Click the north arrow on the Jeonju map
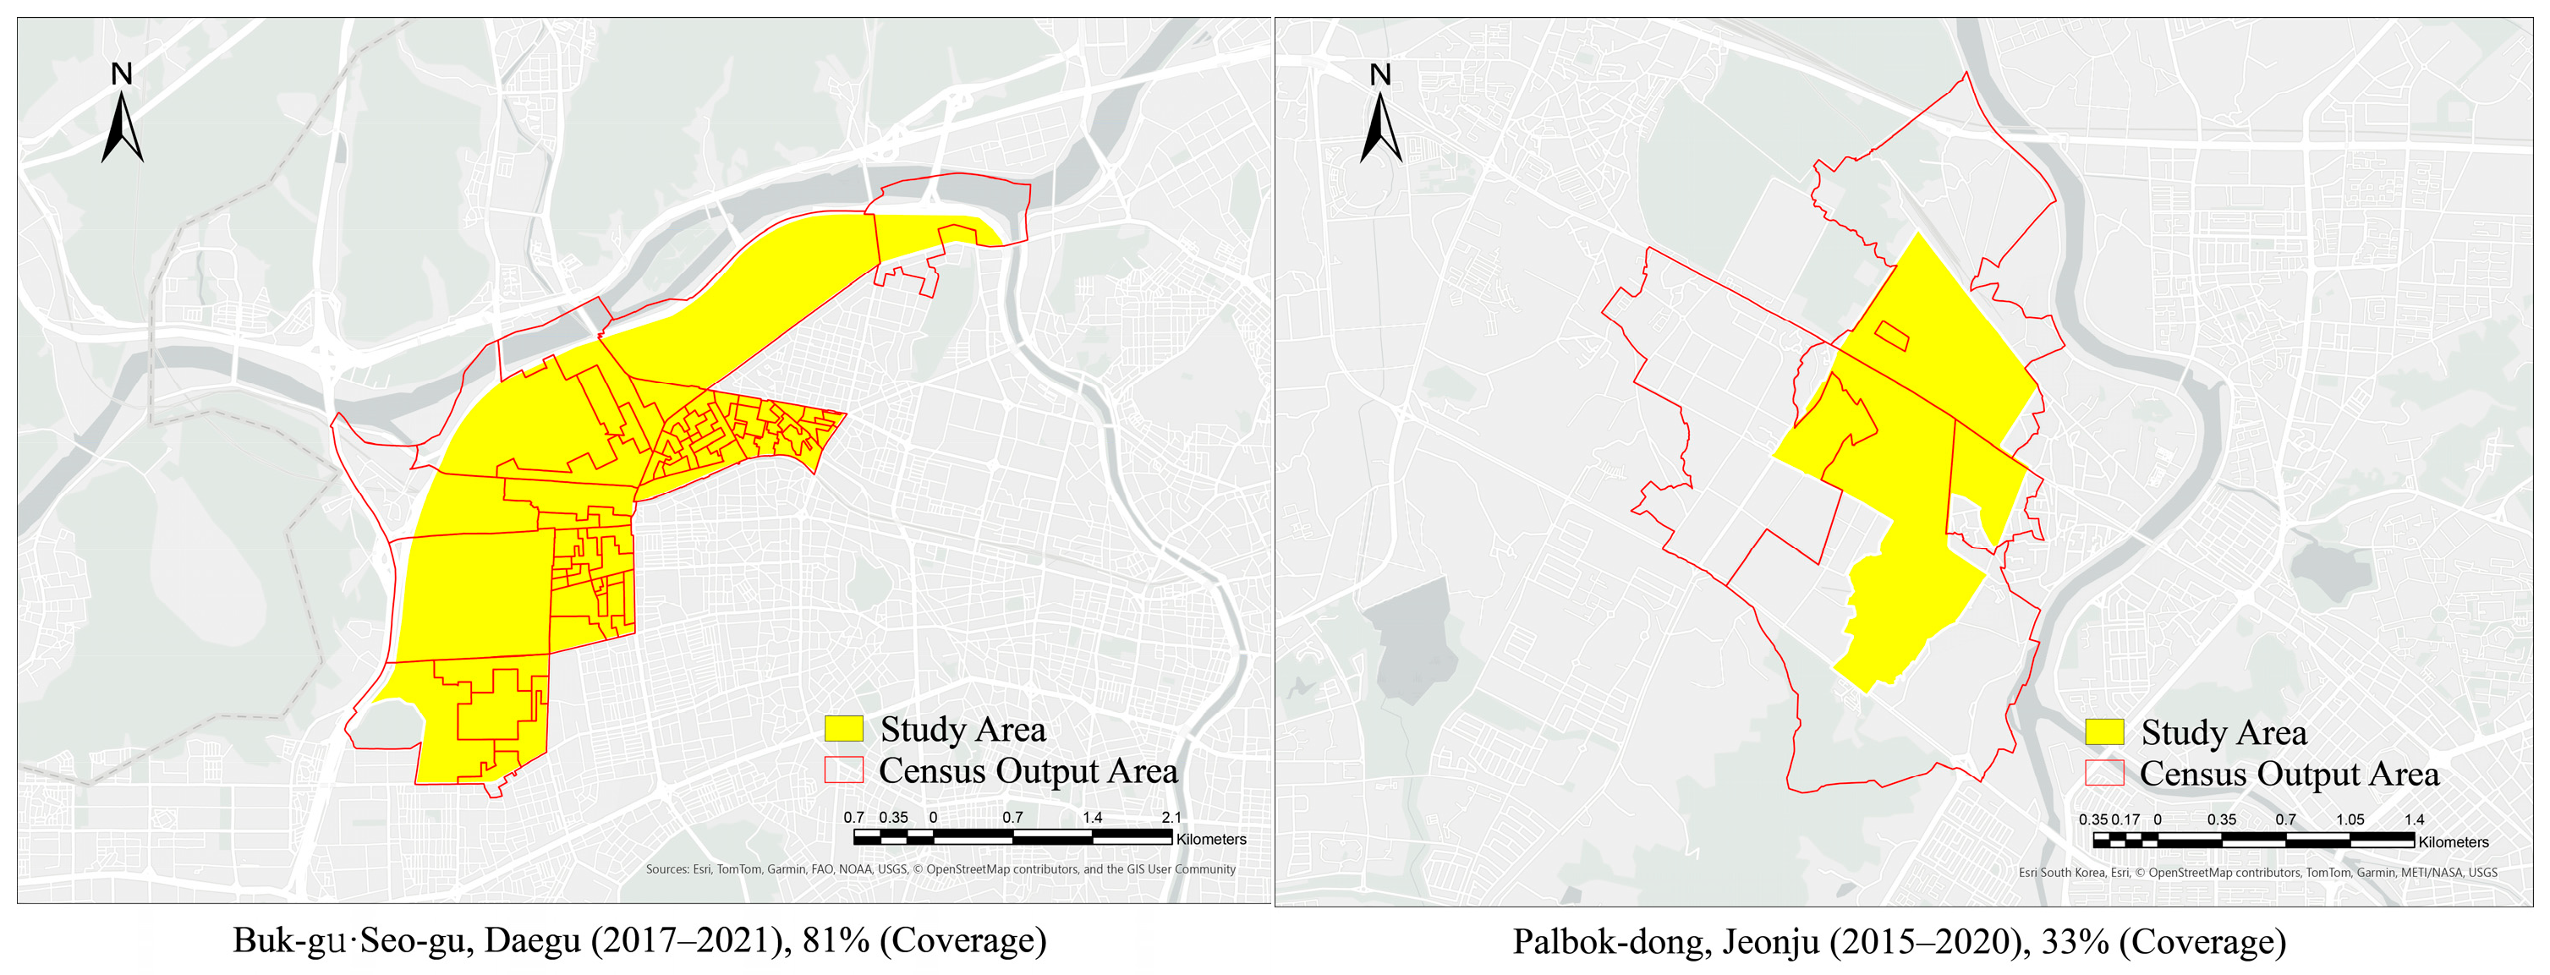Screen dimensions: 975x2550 coord(1381,129)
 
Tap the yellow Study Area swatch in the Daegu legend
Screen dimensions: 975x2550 coord(843,730)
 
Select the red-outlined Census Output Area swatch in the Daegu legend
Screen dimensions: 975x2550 coord(843,770)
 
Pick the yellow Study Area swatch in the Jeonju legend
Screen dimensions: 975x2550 coord(2104,732)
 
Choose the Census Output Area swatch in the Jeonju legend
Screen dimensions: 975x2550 coord(2104,773)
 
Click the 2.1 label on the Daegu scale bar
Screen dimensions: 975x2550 coord(1171,818)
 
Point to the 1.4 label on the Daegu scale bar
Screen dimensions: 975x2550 coord(1092,818)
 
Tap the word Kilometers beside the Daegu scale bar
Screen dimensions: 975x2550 coord(1210,840)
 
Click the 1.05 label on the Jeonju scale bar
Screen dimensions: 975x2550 coord(2350,819)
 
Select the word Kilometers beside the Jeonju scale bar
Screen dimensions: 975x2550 coord(2453,842)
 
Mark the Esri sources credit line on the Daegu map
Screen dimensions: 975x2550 coord(940,869)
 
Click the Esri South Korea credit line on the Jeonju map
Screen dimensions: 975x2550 coord(2258,872)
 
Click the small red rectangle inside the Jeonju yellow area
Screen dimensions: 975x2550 coord(1892,336)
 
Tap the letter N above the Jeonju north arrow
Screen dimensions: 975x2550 coord(1380,74)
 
